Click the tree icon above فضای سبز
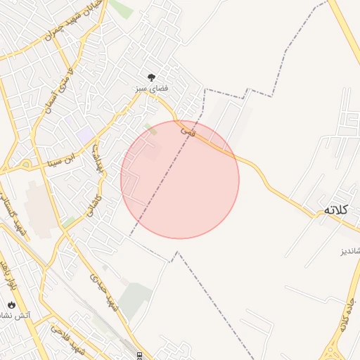151,77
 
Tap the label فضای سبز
151,90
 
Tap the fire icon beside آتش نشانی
11,304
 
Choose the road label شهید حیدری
102,291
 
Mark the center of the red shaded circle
180,179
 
